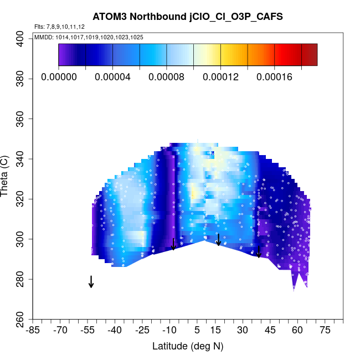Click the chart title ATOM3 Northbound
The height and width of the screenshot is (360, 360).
(x=188, y=17)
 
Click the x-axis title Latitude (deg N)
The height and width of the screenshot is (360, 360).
(x=188, y=346)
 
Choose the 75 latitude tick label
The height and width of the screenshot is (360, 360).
(x=325, y=330)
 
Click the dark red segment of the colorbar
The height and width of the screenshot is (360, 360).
(x=309, y=55)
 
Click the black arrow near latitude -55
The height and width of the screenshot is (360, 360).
(x=91, y=281)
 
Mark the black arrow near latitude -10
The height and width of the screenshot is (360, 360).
(x=173, y=244)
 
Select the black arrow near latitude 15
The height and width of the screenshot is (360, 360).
(x=219, y=239)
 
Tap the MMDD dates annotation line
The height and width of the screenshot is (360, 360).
(x=89, y=37)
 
